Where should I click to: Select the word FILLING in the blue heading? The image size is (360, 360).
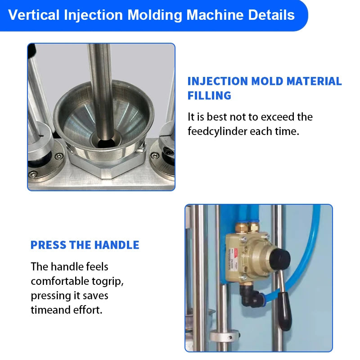click(209, 95)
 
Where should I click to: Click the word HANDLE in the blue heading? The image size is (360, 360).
click(115, 245)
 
